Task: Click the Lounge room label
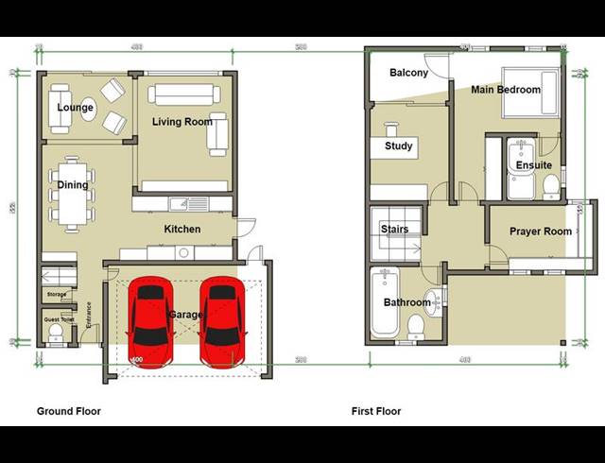pyautogui.click(x=75, y=108)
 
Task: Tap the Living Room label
pyautogui.click(x=181, y=122)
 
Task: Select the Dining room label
pyautogui.click(x=73, y=185)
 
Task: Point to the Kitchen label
pyautogui.click(x=182, y=230)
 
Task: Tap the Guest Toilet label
pyautogui.click(x=58, y=320)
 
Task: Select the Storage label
pyautogui.click(x=56, y=296)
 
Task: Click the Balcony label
pyautogui.click(x=408, y=73)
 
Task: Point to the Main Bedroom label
pyautogui.click(x=506, y=90)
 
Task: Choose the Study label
pyautogui.click(x=398, y=146)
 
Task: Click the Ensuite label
pyautogui.click(x=533, y=165)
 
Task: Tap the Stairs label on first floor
pyautogui.click(x=394, y=230)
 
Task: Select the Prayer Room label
pyautogui.click(x=541, y=231)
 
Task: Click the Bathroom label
pyautogui.click(x=406, y=303)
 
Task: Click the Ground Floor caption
pyautogui.click(x=68, y=411)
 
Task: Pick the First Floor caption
pyautogui.click(x=376, y=411)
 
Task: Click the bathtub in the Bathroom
pyautogui.click(x=385, y=304)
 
